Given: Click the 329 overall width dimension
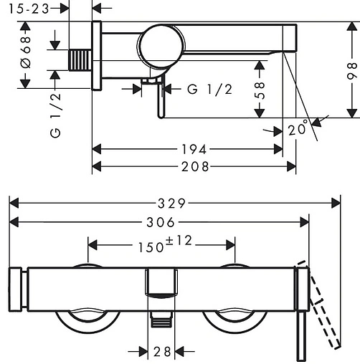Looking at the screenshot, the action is [171, 203].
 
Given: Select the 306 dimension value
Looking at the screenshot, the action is [161, 222].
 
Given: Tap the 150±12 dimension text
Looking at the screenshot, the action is [165, 244].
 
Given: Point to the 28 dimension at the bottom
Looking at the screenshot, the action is [162, 352].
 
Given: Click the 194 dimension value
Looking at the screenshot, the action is [194, 150].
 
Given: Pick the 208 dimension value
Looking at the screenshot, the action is [195, 166].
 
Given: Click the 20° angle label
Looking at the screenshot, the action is [298, 129].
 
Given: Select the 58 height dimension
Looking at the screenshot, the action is [260, 90].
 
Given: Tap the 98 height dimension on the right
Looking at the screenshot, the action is [352, 71].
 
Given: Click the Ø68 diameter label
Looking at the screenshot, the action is [26, 52].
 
